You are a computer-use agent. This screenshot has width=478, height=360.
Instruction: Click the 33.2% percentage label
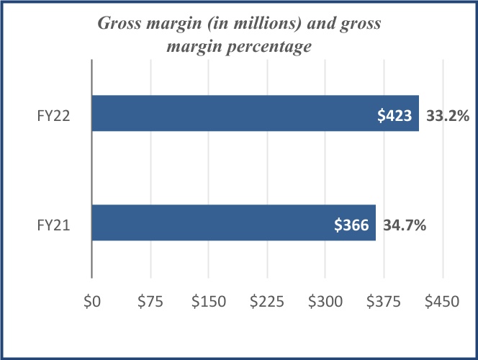click(447, 114)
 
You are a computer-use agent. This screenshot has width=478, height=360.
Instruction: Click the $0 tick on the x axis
click(92, 303)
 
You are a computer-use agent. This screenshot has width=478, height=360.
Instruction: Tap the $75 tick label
click(150, 303)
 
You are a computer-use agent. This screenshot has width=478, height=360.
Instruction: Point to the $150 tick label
click(208, 303)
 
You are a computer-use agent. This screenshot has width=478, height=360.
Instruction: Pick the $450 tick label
click(442, 303)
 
